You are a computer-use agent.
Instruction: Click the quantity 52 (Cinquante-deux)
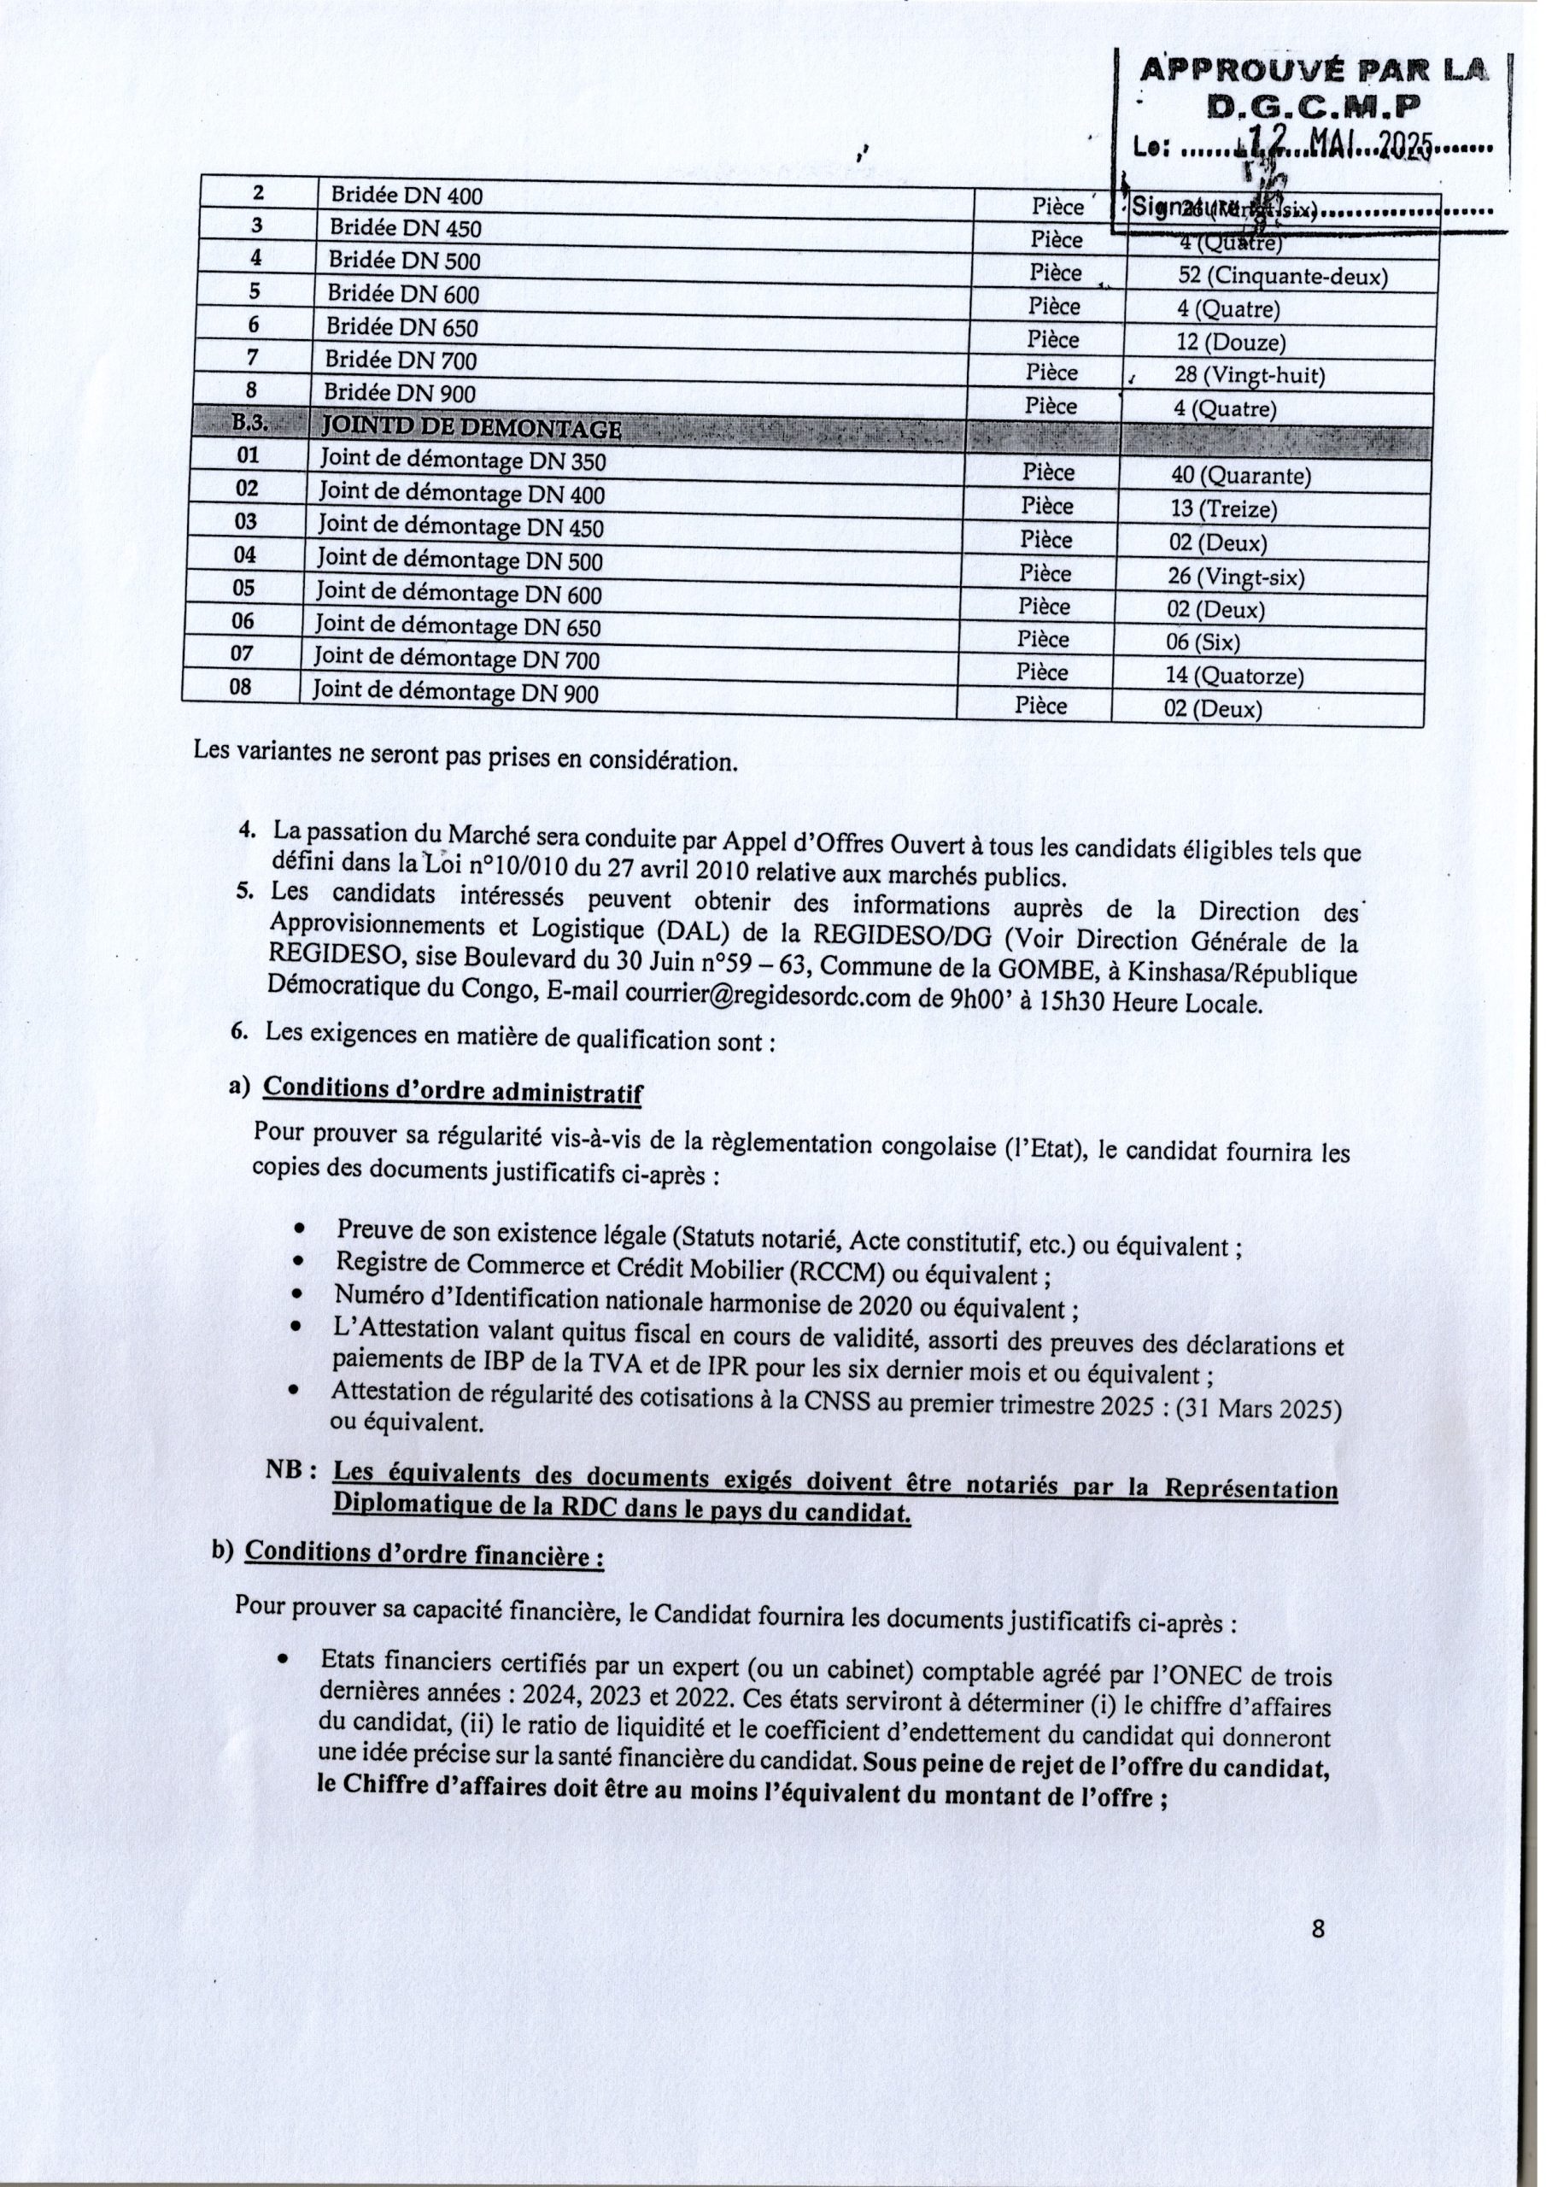click(1282, 276)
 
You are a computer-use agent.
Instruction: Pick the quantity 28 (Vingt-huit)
click(1249, 375)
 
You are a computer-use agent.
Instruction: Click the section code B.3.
click(250, 422)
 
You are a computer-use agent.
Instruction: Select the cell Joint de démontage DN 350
click(462, 460)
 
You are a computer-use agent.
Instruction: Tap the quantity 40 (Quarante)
click(1240, 475)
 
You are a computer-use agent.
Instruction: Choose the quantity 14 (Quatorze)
click(1233, 676)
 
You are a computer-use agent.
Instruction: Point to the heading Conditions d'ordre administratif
click(452, 1090)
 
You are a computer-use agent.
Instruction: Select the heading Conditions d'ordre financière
click(424, 1555)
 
